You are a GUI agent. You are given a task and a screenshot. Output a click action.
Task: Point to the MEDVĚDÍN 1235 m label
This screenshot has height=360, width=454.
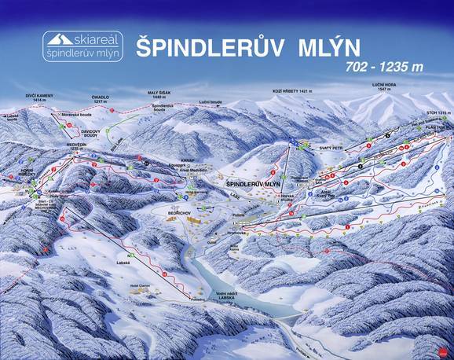[77, 146]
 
